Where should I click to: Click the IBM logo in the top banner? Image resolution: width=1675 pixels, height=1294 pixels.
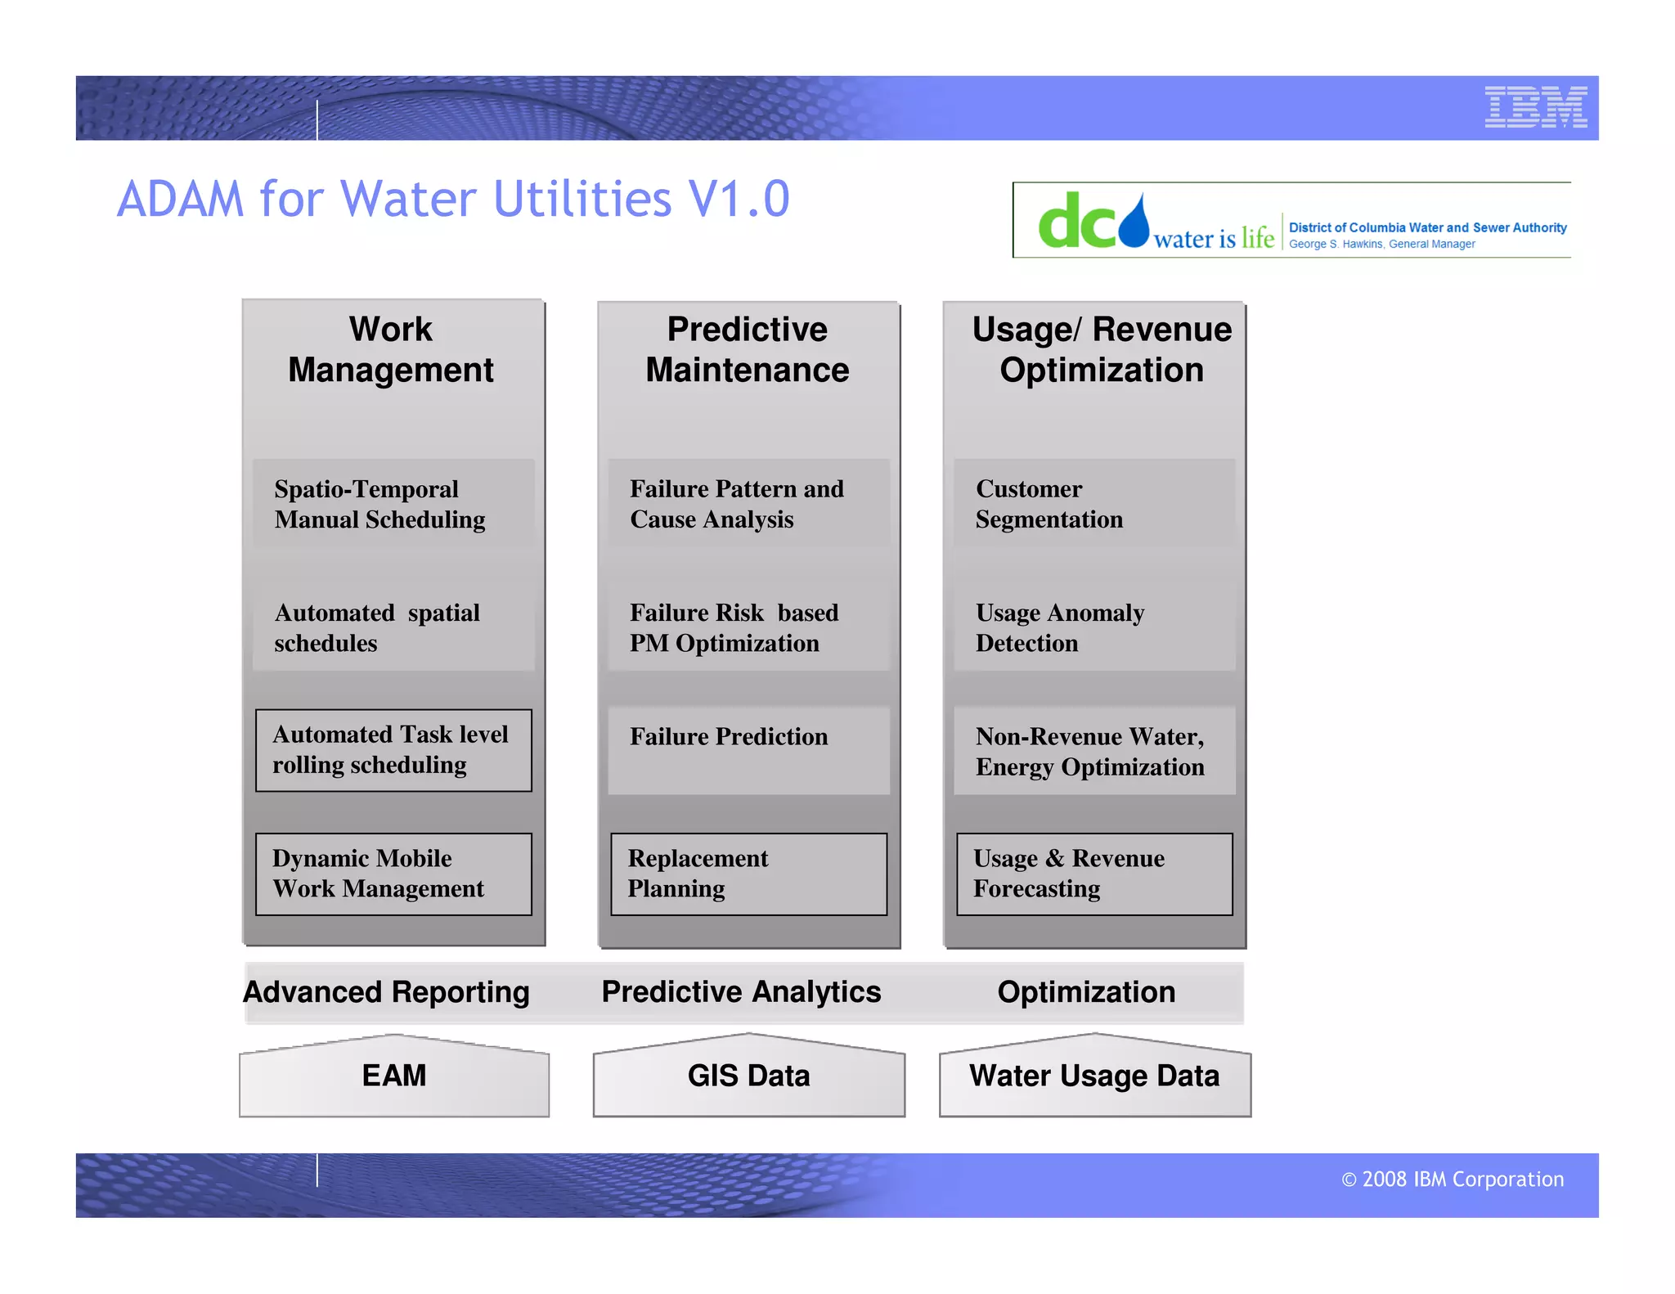pos(1535,107)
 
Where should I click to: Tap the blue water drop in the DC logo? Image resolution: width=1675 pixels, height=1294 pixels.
pos(1134,222)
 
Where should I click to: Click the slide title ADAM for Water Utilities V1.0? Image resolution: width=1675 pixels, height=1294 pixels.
pos(453,199)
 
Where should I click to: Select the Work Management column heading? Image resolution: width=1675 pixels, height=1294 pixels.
pos(391,349)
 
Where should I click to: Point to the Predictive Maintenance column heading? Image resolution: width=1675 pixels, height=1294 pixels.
pos(747,349)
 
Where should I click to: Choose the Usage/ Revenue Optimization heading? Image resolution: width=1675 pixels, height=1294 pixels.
pos(1101,349)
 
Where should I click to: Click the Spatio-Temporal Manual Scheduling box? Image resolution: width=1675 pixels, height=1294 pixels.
pos(393,504)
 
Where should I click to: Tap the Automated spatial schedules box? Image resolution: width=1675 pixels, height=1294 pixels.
pos(393,627)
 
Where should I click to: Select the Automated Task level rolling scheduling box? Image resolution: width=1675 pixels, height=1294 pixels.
pos(393,750)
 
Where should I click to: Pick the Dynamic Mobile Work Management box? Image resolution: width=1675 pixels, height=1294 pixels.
pos(393,874)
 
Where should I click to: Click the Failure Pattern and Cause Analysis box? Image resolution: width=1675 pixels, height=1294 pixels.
pos(748,504)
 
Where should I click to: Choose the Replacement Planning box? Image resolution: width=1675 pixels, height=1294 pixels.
pos(748,874)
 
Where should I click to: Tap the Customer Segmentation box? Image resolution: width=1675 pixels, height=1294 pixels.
pos(1094,504)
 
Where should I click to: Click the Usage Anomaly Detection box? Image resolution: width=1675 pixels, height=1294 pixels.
pos(1094,627)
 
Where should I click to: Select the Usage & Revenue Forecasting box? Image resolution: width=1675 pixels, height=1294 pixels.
pos(1094,874)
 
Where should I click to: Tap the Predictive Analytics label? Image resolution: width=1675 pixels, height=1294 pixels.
pos(741,992)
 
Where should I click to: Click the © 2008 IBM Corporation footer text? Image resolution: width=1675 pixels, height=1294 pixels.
pos(1452,1179)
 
